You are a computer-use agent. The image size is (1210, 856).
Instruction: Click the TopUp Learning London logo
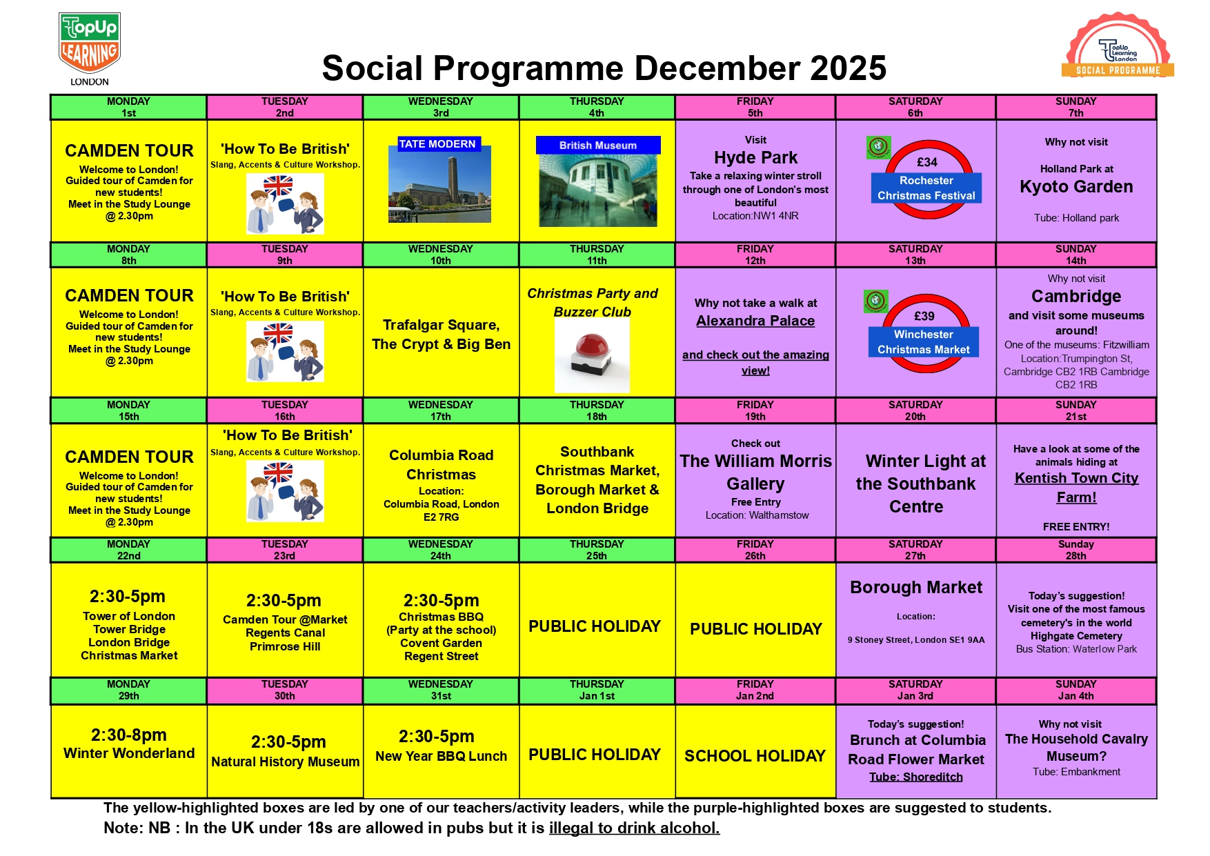[x=90, y=47]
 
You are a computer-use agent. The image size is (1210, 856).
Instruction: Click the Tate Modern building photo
[x=439, y=185]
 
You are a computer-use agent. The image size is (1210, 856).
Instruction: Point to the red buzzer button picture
[x=593, y=355]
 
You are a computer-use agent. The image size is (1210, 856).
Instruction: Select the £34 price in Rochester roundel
[x=926, y=162]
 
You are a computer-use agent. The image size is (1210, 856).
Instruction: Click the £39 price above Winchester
[x=924, y=316]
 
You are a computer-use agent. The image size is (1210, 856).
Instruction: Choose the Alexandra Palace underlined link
[x=755, y=321]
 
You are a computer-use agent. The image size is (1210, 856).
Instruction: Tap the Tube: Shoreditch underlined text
[x=915, y=777]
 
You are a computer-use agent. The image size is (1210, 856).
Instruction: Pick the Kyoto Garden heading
[x=1076, y=187]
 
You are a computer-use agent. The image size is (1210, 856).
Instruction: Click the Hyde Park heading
[x=755, y=158]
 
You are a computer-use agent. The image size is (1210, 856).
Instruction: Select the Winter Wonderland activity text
[x=129, y=753]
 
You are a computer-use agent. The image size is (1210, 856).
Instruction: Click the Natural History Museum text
[x=285, y=762]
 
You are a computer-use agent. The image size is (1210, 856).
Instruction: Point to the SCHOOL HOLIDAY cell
[x=755, y=756]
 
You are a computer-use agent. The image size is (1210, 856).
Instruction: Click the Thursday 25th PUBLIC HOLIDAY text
[x=595, y=626]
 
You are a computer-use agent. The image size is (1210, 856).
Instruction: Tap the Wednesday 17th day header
[x=441, y=410]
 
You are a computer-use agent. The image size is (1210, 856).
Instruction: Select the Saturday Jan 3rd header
[x=915, y=690]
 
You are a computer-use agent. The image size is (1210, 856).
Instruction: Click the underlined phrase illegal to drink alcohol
[x=634, y=828]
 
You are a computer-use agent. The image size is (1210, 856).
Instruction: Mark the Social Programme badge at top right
[x=1118, y=46]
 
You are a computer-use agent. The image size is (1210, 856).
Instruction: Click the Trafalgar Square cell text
[x=441, y=335]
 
